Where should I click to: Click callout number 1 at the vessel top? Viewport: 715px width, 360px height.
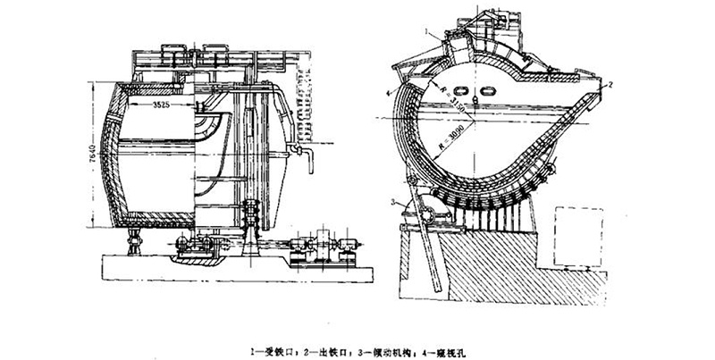click(430, 32)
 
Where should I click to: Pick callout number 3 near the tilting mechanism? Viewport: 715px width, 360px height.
click(392, 203)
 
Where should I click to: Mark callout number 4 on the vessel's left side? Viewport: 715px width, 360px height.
click(389, 93)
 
